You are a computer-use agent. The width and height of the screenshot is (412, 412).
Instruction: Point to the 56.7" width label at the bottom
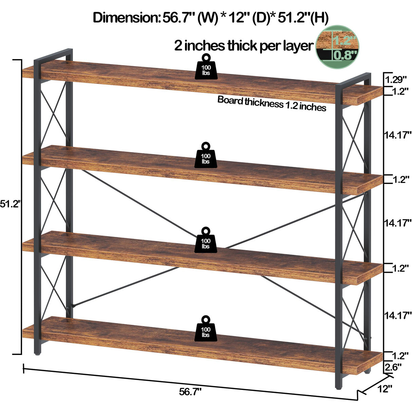[x=190, y=392]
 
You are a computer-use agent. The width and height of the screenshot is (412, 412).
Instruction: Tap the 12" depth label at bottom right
[x=385, y=389]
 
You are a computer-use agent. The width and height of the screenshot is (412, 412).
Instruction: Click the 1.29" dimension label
[x=396, y=80]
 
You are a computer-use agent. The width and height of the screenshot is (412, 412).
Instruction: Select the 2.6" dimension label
[x=393, y=367]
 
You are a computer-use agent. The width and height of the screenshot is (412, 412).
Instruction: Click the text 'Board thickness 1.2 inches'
[x=272, y=104]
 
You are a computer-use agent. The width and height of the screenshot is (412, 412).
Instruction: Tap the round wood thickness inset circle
[x=338, y=47]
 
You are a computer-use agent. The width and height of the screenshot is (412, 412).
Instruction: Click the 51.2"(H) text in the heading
[x=303, y=18]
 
